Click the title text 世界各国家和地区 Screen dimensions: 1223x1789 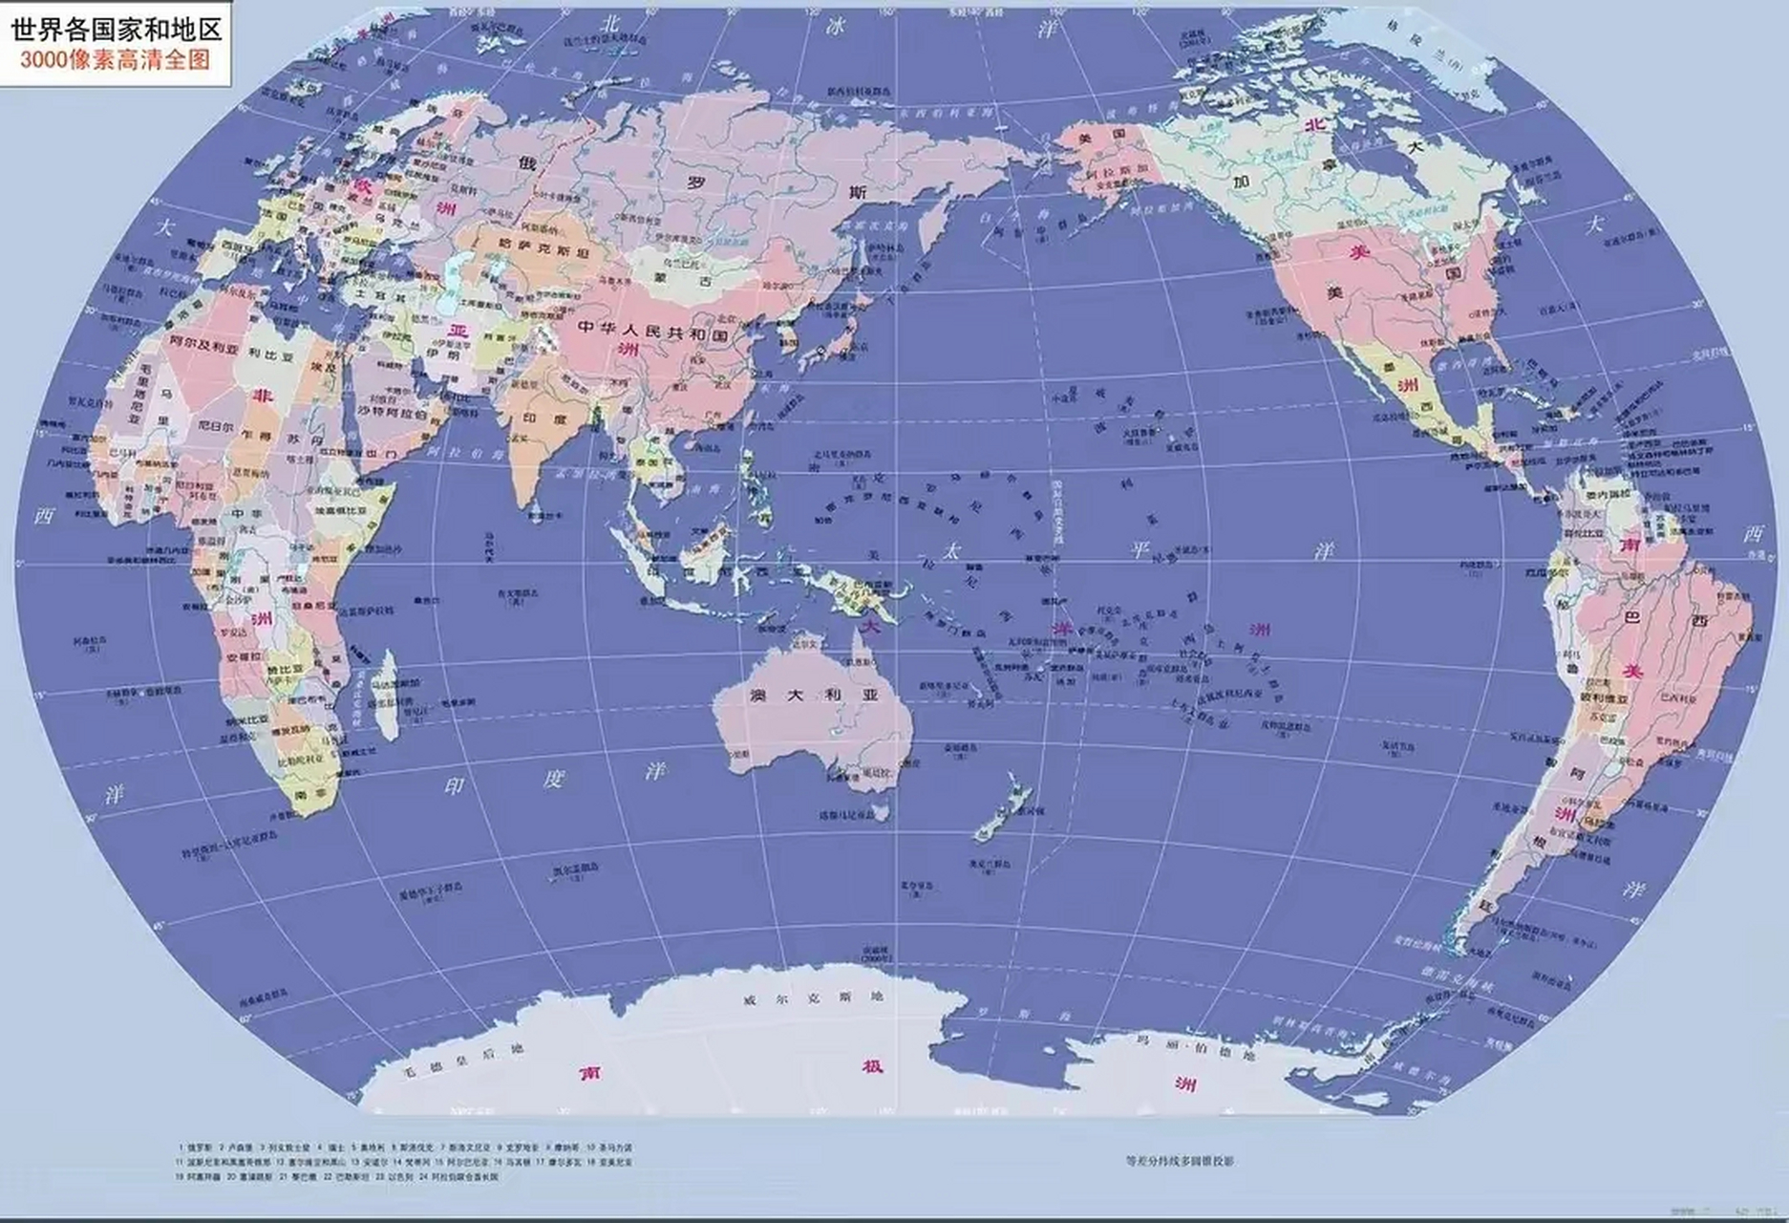click(116, 28)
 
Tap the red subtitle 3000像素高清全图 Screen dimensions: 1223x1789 click(116, 59)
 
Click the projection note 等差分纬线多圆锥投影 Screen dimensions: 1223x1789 click(1181, 1161)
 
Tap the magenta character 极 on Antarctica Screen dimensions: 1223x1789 click(871, 1065)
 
